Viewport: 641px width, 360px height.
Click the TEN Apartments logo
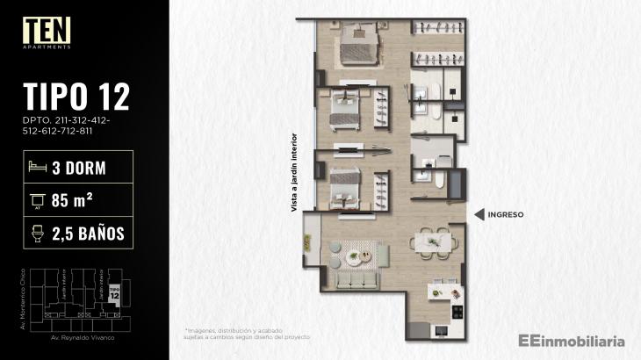pos(47,32)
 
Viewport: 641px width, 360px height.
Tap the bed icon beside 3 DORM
pos(36,165)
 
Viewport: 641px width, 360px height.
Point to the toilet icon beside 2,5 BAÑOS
pos(36,233)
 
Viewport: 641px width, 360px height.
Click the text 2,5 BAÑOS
pos(87,233)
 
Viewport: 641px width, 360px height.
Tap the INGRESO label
pos(507,213)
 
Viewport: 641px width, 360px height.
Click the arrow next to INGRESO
pos(479,213)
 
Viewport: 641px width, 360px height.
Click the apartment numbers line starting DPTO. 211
pos(61,122)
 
